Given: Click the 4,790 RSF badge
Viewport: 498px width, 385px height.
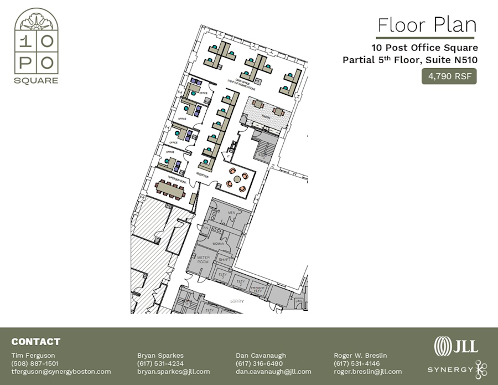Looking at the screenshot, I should click(x=449, y=76).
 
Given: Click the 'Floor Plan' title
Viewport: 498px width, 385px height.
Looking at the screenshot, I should click(x=426, y=25).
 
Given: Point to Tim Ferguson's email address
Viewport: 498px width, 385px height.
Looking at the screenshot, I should click(x=61, y=372).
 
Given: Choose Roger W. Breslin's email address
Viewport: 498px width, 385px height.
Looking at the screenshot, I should click(x=368, y=372).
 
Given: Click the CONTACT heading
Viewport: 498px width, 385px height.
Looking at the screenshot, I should click(x=35, y=342).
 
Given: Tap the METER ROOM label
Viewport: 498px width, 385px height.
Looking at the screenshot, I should click(x=203, y=260).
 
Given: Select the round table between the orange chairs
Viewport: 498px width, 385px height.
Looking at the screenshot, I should click(x=238, y=179).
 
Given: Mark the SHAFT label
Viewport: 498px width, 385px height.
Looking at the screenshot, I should click(x=224, y=259).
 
